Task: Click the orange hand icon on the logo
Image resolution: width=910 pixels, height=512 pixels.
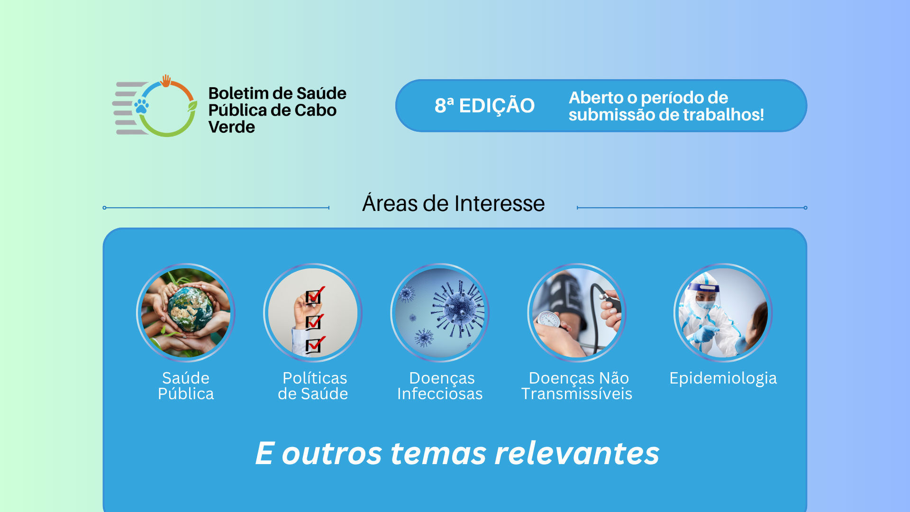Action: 165,81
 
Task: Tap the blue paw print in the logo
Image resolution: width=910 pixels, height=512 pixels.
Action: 141,106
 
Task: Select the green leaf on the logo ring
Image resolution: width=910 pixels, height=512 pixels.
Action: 192,106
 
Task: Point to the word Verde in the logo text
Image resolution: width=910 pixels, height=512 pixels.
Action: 232,127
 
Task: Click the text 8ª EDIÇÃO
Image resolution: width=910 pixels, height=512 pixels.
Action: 484,105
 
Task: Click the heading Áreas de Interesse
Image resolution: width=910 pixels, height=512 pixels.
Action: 454,203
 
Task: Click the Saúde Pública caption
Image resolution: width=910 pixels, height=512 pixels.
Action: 186,386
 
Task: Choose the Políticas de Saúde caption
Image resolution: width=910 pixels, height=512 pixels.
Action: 313,386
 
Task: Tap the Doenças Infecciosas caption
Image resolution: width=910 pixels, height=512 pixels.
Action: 440,386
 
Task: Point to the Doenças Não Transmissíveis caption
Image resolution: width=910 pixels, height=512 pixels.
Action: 577,386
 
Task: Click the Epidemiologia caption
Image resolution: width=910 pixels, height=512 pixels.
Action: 723,378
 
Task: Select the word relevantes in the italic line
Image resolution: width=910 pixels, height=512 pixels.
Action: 577,453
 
